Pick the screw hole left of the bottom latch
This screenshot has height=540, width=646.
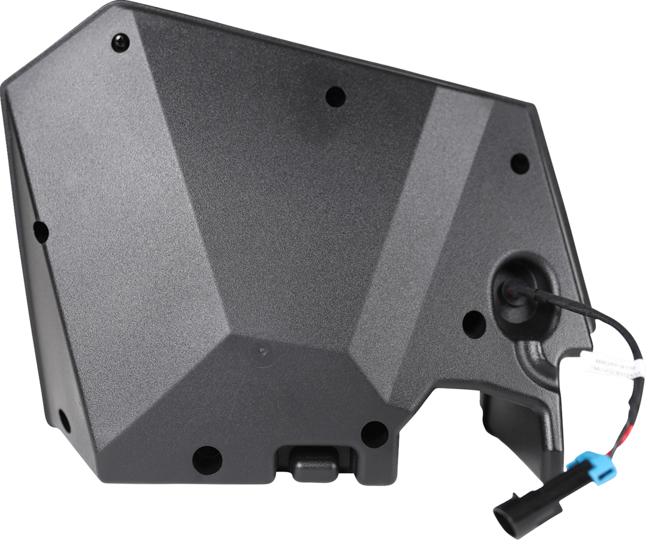click(x=206, y=456)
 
